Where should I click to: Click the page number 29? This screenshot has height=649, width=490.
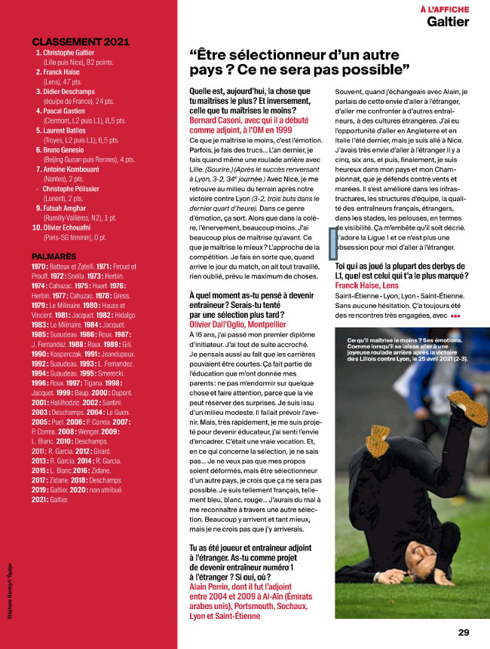pos(464,632)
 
